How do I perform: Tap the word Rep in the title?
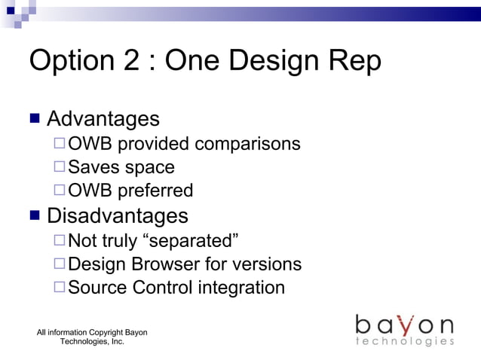click(x=354, y=62)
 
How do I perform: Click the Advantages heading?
click(x=103, y=119)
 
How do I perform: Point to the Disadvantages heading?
click(x=118, y=216)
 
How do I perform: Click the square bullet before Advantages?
click(x=35, y=119)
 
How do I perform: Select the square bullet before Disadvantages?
click(x=35, y=216)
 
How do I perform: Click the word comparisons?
click(x=247, y=144)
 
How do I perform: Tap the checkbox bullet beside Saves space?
click(x=60, y=167)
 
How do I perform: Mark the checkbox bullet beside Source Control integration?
click(x=60, y=288)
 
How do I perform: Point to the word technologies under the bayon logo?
click(x=405, y=342)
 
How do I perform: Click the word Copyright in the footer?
click(x=106, y=332)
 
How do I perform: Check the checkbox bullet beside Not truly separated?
click(x=60, y=241)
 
